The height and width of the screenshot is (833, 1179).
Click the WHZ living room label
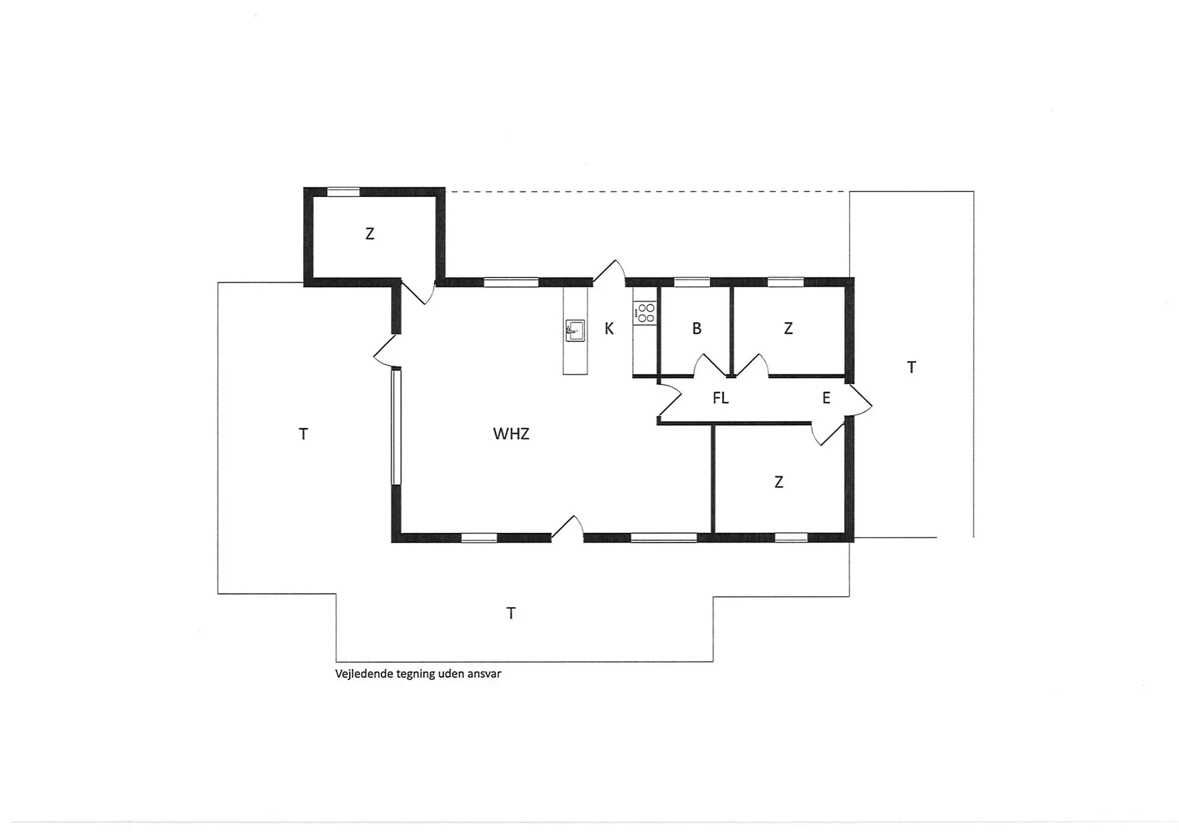tap(511, 434)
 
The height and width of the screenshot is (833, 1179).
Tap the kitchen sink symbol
tap(575, 330)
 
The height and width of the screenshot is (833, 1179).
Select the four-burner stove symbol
tap(645, 312)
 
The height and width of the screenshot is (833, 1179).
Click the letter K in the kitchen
tap(609, 329)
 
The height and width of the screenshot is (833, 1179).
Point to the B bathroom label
tap(697, 329)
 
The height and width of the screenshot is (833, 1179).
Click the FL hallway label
tap(721, 398)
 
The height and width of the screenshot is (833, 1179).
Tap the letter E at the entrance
tap(827, 398)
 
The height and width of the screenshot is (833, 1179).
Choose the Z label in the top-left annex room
tap(370, 234)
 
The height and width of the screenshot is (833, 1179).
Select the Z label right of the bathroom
tap(788, 329)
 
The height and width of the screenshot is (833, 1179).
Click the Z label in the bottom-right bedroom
tap(779, 482)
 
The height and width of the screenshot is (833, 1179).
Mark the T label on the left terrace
tap(303, 435)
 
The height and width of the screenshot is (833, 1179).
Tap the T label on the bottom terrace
tap(511, 613)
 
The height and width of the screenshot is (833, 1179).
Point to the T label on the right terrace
tap(912, 368)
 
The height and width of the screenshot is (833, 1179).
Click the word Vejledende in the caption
tap(364, 674)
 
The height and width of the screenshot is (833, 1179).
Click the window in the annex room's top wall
tap(343, 192)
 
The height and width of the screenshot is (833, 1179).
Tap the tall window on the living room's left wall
tap(396, 425)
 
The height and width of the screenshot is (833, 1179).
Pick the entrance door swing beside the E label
tap(860, 400)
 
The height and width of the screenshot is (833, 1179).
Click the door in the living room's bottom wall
tap(568, 528)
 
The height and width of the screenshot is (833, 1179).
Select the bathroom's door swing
tap(710, 365)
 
